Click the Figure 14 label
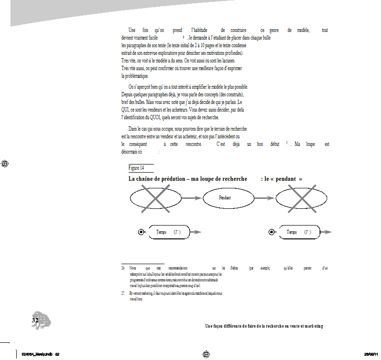click(x=136, y=168)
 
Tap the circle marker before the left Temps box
click(x=141, y=232)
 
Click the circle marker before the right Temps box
click(x=271, y=232)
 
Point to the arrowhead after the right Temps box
click(x=328, y=232)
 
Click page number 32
click(x=34, y=320)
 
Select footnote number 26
click(x=123, y=268)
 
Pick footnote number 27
click(x=123, y=292)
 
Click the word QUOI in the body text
click(x=170, y=117)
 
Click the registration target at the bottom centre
click(x=206, y=354)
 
